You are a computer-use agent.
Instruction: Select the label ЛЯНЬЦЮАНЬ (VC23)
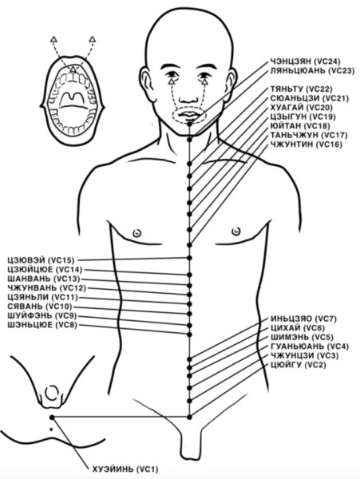point(312,71)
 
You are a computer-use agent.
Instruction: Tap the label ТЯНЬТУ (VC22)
point(301,89)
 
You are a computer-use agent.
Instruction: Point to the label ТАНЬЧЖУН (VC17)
point(309,135)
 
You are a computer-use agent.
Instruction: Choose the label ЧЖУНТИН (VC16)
point(306,144)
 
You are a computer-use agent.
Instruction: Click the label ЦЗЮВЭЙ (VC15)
point(41,260)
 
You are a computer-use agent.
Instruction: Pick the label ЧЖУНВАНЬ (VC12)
point(47,287)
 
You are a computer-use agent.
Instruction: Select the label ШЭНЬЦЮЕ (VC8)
point(42,325)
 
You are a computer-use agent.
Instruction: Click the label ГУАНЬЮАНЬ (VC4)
point(310,346)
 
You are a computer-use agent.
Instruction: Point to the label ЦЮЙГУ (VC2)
point(299,365)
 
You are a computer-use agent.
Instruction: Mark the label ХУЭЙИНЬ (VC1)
point(125,469)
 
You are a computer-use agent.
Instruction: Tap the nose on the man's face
point(188,96)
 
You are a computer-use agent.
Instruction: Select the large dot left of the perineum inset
point(52,417)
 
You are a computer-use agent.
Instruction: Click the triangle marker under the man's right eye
point(172,81)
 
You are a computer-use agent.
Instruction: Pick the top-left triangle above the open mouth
point(53,39)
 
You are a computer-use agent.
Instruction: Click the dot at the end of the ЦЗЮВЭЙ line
point(189,258)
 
